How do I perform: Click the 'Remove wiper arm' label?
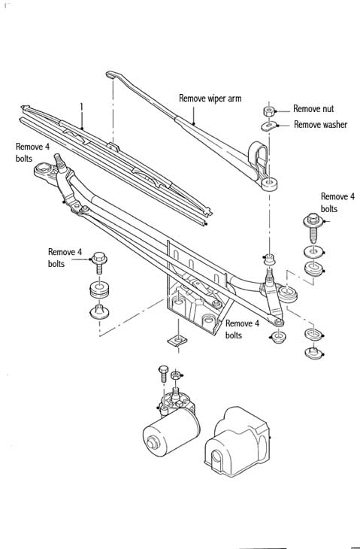point(210,99)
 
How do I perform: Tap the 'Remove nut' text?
point(313,109)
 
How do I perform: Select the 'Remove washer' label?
point(320,124)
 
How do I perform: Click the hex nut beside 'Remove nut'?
point(269,112)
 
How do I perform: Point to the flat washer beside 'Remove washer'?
point(269,126)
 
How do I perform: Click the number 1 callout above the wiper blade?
point(81,107)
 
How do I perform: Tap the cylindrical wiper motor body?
point(171,432)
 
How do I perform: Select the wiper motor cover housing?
point(237,442)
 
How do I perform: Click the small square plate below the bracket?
point(177,341)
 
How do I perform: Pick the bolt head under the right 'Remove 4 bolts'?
point(313,220)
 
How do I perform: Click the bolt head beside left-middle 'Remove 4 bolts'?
point(99,259)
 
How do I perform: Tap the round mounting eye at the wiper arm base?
point(269,184)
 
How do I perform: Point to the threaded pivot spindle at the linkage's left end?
point(59,162)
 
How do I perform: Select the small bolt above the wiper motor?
point(163,374)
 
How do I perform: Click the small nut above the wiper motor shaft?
point(175,375)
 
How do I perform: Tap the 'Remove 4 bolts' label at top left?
point(32,153)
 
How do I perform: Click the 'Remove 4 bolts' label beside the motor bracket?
point(242,329)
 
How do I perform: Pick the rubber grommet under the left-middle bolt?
point(99,290)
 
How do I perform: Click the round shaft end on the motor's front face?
point(153,443)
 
